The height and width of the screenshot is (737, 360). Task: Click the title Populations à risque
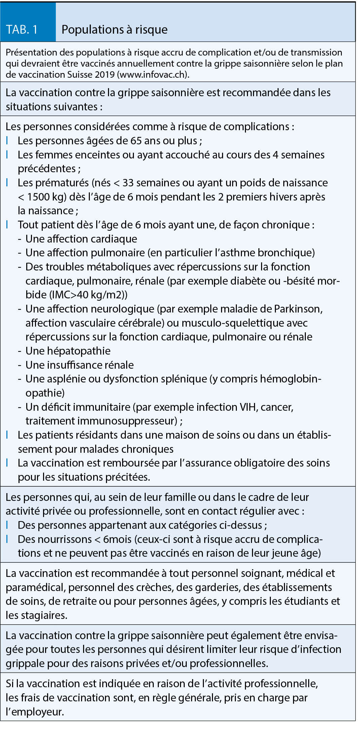tap(114, 30)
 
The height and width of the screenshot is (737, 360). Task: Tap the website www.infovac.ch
tap(152, 74)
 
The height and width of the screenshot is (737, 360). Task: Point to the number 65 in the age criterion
tap(136, 141)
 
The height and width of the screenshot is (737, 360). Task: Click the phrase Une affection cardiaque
tap(81, 239)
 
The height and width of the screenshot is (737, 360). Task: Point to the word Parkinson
tap(298, 309)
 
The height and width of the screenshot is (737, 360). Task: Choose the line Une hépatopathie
tap(68, 351)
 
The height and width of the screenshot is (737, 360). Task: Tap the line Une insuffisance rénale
tap(79, 365)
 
